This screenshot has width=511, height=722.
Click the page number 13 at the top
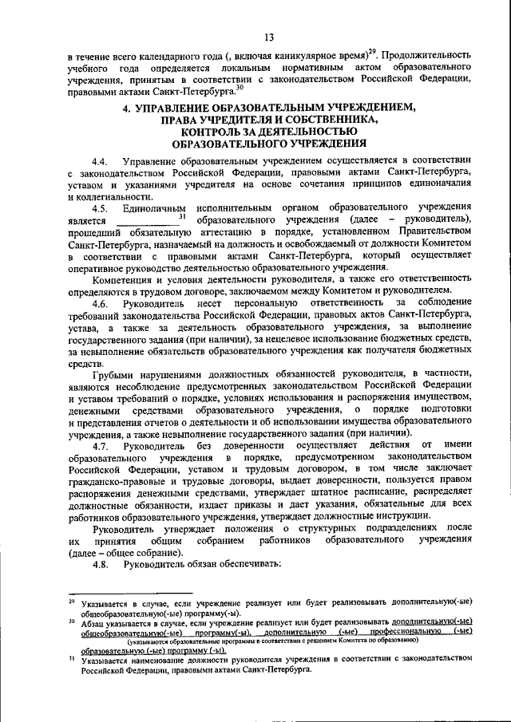[x=268, y=37]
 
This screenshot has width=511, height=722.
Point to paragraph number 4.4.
[x=101, y=160]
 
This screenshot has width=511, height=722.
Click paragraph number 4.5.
[x=101, y=208]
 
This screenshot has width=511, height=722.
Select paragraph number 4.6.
[x=101, y=304]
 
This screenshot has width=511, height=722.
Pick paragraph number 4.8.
[x=101, y=566]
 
